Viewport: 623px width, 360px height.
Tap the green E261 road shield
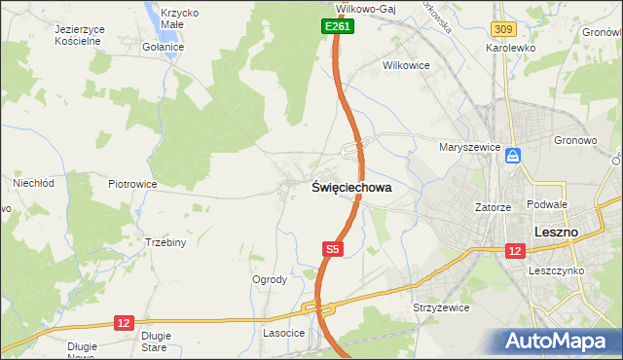pos(337,27)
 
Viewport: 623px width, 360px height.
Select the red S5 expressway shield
pos(332,250)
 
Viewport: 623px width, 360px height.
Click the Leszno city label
pos(557,232)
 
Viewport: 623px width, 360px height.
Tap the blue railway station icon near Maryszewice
pos(513,156)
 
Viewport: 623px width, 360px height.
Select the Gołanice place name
pos(162,47)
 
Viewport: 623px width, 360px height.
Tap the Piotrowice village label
pos(132,183)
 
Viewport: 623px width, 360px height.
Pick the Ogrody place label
pos(270,279)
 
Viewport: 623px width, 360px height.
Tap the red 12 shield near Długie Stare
pos(123,322)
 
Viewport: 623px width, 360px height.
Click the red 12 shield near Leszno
pos(513,250)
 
